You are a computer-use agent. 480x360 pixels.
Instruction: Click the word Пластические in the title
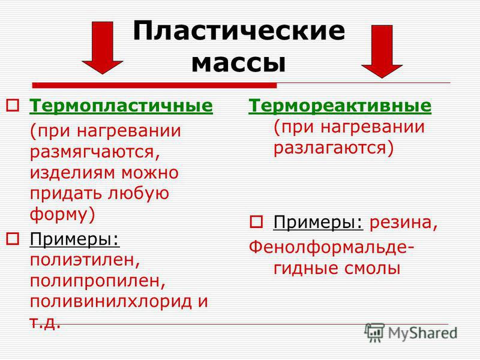coord(239,31)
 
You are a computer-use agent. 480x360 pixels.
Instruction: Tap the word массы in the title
coord(238,63)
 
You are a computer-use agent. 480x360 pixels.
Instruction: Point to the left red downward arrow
coord(103,48)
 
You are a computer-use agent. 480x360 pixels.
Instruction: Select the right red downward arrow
coord(382,52)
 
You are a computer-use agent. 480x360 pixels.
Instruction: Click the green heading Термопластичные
coord(121,106)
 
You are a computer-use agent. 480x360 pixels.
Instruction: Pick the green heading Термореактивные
coord(340,106)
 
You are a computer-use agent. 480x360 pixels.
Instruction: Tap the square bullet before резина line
coord(256,222)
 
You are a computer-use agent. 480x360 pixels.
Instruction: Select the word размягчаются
coord(95,152)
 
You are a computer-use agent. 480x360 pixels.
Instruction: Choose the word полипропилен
coord(98,281)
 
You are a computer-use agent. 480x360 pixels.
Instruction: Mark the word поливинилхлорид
coord(110,301)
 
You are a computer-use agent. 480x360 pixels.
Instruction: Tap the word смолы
coord(372,268)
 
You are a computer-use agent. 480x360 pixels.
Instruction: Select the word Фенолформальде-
coord(332,247)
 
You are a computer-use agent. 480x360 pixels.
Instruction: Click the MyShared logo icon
coord(374,333)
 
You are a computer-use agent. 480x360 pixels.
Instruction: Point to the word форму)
coord(62,215)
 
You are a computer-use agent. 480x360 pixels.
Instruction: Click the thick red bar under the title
coord(155,85)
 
